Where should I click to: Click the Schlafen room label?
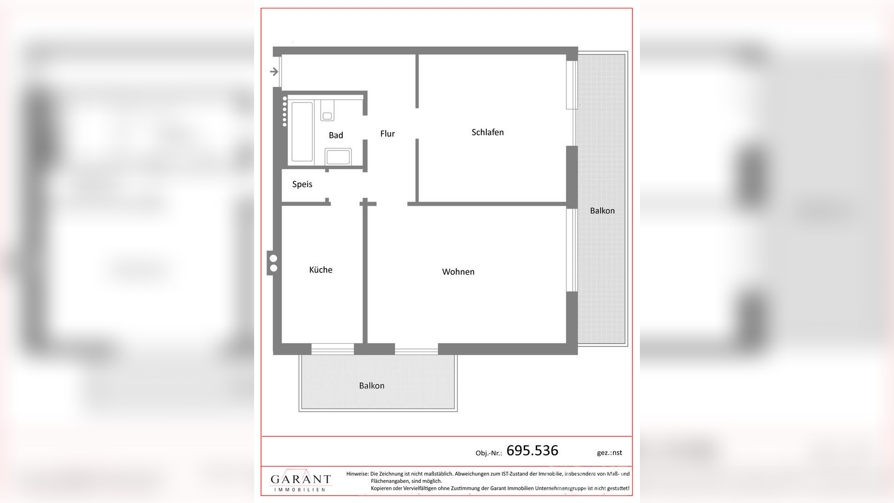pyautogui.click(x=487, y=132)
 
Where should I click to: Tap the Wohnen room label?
pyautogui.click(x=458, y=272)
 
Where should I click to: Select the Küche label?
pyautogui.click(x=320, y=270)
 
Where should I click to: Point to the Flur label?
pyautogui.click(x=387, y=134)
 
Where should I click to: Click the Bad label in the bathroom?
pyautogui.click(x=335, y=135)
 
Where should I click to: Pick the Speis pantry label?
pyautogui.click(x=302, y=184)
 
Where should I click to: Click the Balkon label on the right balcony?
pyautogui.click(x=602, y=211)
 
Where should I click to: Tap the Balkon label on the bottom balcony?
pyautogui.click(x=372, y=385)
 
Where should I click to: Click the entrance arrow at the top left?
pyautogui.click(x=274, y=71)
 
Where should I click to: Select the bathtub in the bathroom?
pyautogui.click(x=302, y=132)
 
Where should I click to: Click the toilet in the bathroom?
pyautogui.click(x=327, y=111)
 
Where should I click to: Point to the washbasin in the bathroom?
pyautogui.click(x=338, y=157)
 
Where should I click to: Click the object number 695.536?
pyautogui.click(x=532, y=450)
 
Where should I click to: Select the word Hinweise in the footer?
pyautogui.click(x=357, y=474)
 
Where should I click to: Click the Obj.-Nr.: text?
pyautogui.click(x=488, y=453)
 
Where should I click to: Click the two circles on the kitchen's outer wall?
pyautogui.click(x=273, y=263)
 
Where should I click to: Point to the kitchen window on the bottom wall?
pyautogui.click(x=332, y=350)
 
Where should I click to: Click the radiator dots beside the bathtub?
pyautogui.click(x=285, y=112)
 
